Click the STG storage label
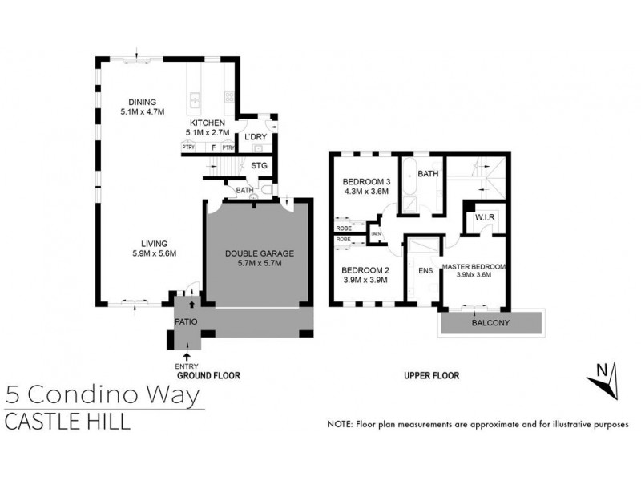tap(258, 166)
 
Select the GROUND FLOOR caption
tap(208, 375)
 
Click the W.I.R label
tap(483, 217)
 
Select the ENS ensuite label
tap(425, 270)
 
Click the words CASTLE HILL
tap(67, 422)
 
